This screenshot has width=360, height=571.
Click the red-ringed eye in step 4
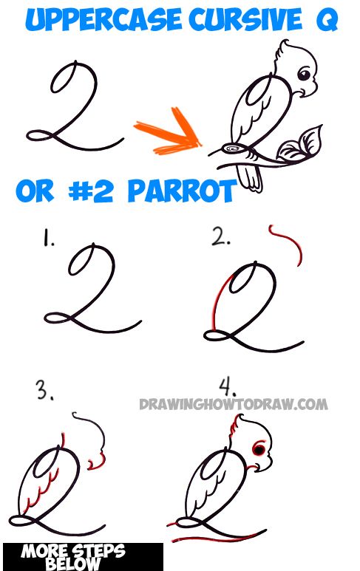coord(259,449)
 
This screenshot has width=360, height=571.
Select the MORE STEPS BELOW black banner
coord(82,556)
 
